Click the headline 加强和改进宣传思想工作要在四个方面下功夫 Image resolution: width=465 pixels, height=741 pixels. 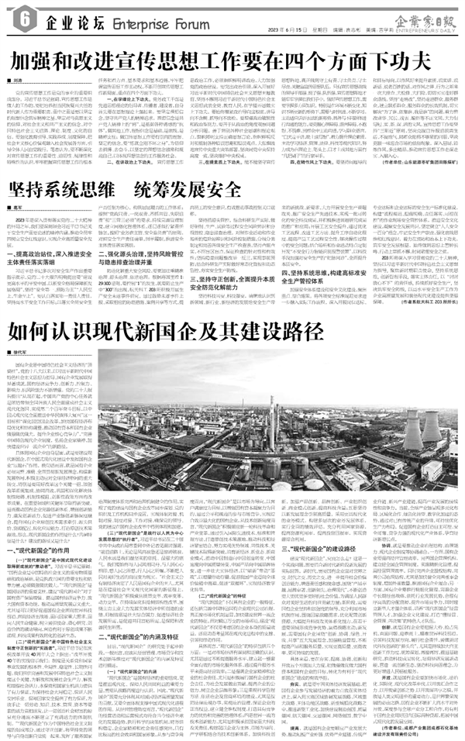click(x=229, y=60)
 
